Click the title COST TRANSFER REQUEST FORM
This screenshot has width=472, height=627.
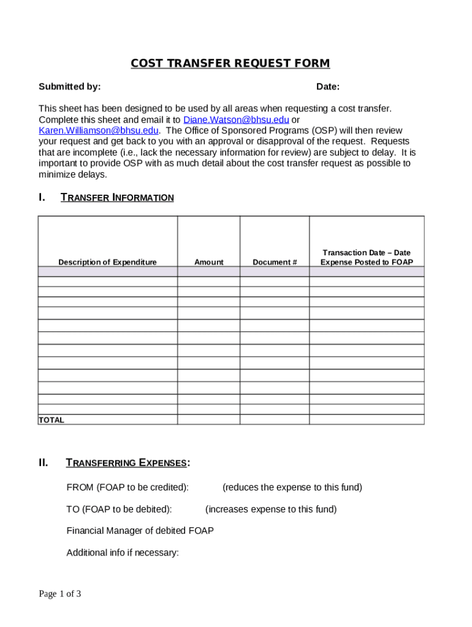230,64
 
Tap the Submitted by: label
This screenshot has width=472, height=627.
69,87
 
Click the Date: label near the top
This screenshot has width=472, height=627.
328,87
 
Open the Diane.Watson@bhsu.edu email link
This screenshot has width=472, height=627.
236,119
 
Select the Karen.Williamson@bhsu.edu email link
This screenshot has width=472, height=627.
99,130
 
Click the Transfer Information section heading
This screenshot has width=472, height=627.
117,198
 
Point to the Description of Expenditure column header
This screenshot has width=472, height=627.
107,262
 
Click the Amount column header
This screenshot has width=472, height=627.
208,262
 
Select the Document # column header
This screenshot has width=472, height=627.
275,262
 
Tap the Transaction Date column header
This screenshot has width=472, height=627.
367,257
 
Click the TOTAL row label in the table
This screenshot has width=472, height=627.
51,420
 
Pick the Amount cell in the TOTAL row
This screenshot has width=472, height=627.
208,420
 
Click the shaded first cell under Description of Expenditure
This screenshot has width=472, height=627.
107,272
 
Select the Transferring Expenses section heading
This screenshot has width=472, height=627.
128,463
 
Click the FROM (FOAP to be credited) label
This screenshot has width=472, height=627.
128,487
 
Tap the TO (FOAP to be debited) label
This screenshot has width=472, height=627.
119,509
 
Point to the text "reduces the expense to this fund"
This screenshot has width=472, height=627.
292,487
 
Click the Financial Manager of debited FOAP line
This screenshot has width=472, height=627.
140,531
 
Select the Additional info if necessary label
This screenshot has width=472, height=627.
123,553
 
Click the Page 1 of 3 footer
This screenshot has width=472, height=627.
60,593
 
